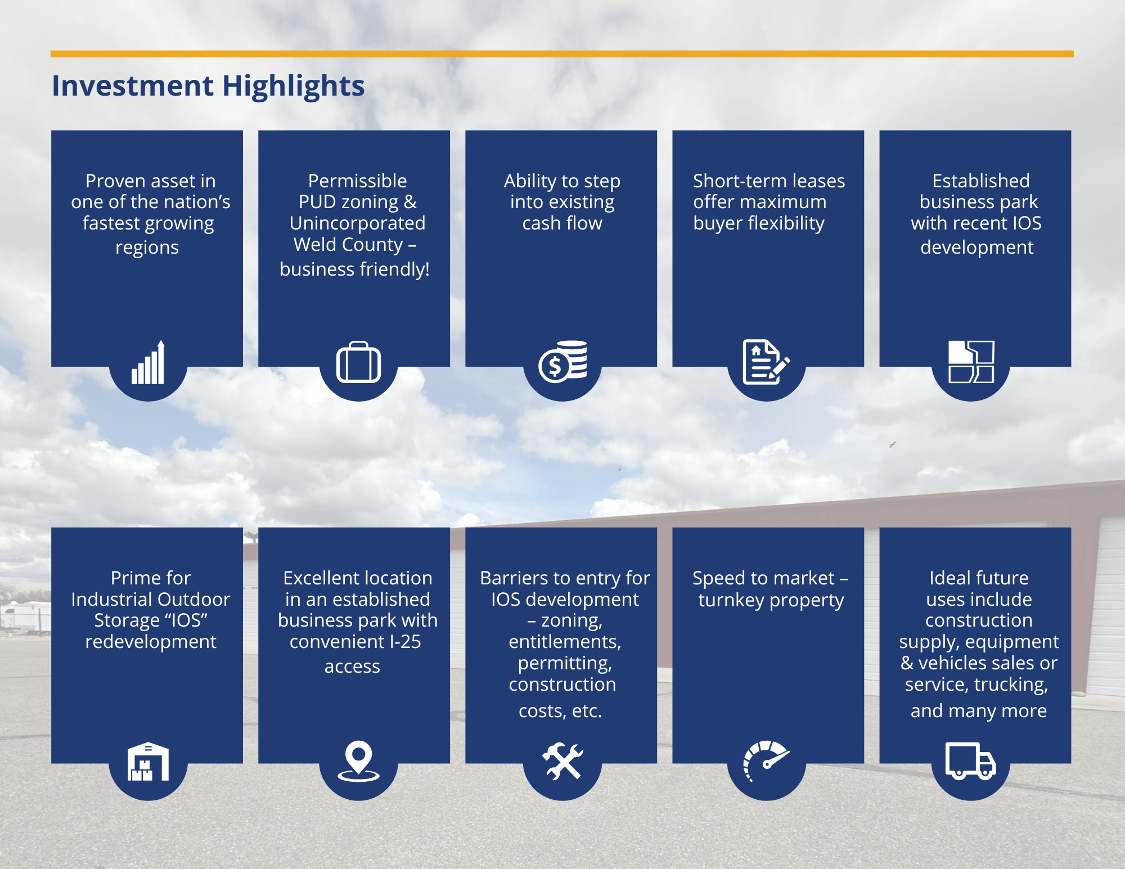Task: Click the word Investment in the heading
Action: [133, 86]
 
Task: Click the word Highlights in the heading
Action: [293, 86]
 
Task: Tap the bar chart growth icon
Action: [148, 363]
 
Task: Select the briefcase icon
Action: [358, 363]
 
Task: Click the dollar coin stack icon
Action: [562, 362]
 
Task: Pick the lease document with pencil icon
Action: [766, 362]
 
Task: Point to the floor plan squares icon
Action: [971, 362]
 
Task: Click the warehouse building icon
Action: [148, 762]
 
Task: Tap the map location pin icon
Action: [358, 762]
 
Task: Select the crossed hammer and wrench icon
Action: [562, 762]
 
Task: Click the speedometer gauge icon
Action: [766, 760]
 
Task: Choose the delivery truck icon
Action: [970, 761]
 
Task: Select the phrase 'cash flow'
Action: [562, 223]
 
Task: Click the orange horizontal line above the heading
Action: [562, 54]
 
